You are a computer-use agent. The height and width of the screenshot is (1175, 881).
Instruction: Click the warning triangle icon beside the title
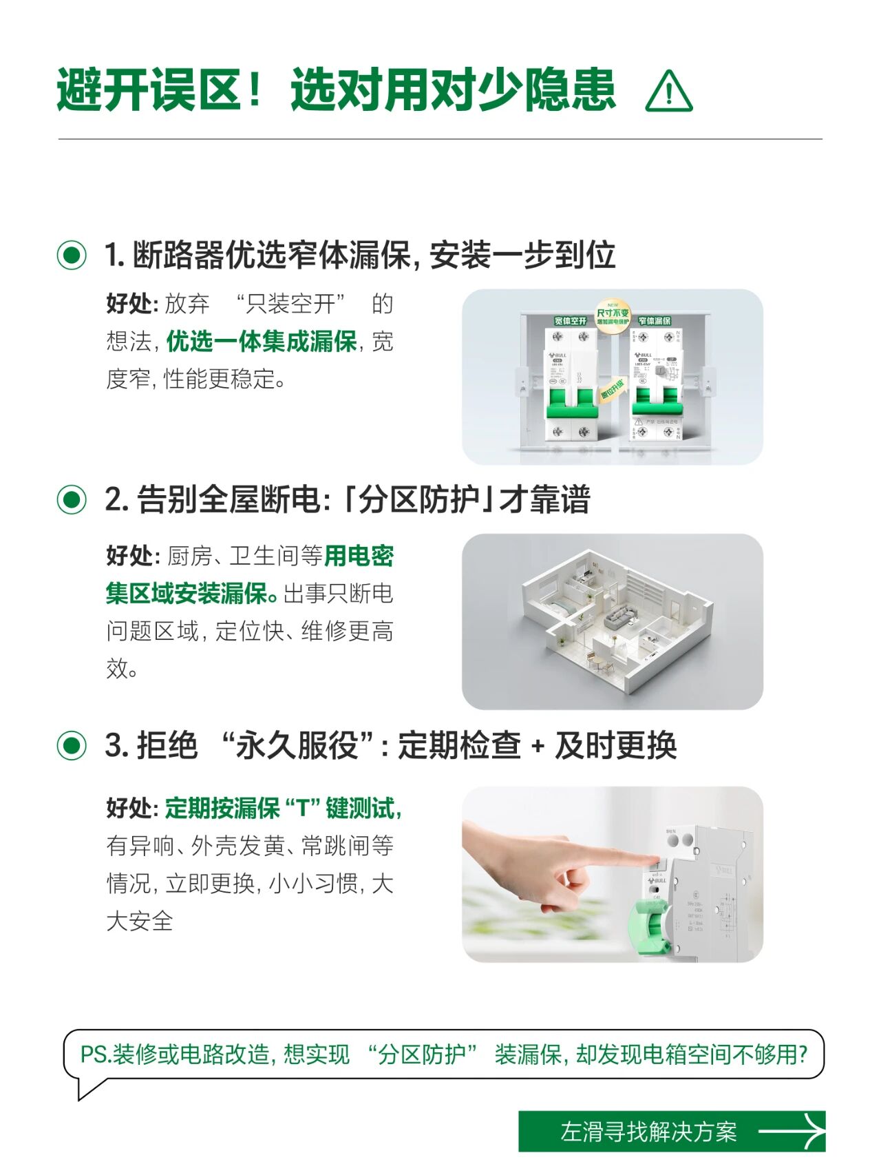tap(668, 92)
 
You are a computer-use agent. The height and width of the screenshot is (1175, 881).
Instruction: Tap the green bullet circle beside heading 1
tap(72, 255)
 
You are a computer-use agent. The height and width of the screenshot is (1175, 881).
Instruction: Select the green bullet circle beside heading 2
tap(72, 499)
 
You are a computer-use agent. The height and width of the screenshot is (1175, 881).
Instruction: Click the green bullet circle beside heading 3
tap(72, 745)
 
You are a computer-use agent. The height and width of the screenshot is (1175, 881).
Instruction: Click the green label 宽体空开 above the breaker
tap(571, 321)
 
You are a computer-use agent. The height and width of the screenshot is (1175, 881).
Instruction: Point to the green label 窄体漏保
tap(654, 321)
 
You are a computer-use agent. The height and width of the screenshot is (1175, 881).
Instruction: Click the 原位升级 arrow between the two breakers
tap(612, 390)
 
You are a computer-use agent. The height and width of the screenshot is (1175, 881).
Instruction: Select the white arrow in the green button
tap(791, 1131)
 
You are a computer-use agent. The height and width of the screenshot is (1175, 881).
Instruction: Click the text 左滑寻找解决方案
tap(648, 1132)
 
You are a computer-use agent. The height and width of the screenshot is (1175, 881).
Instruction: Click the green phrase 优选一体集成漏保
tap(262, 342)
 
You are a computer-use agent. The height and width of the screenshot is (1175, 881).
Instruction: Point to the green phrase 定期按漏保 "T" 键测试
tap(282, 808)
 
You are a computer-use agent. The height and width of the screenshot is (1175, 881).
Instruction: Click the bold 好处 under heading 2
tap(131, 556)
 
